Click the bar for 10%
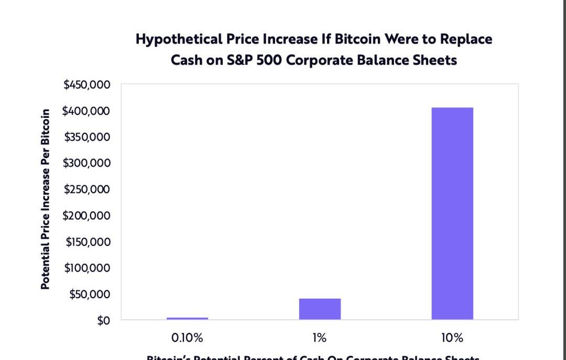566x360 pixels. [x=452, y=213]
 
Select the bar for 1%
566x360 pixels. [x=320, y=309]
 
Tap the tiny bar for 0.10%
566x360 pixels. [x=187, y=318]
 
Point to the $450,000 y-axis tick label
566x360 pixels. [x=87, y=84]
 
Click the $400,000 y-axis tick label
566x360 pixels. [x=87, y=111]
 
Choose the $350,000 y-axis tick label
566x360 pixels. [x=87, y=137]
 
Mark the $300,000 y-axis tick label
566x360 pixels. [x=87, y=163]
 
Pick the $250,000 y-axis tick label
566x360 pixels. [x=87, y=189]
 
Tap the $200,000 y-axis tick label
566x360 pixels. [x=87, y=215]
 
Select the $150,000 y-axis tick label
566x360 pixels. [x=88, y=242]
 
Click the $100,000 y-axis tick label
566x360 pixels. [x=88, y=268]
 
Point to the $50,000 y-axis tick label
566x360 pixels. [x=90, y=294]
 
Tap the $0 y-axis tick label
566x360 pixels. [x=103, y=320]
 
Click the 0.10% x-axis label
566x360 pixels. [x=187, y=338]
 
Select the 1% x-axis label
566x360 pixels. [x=320, y=338]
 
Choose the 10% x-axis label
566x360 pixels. [x=452, y=338]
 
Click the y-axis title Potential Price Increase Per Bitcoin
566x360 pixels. [x=46, y=199]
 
